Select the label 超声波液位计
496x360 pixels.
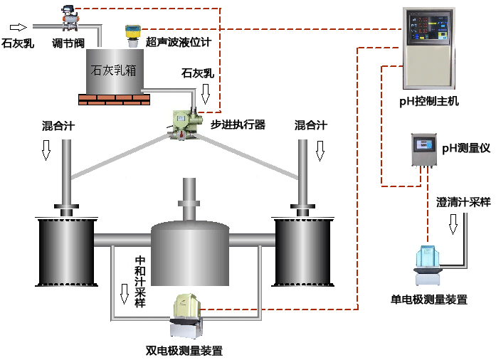(179, 42)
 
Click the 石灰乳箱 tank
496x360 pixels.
(113, 71)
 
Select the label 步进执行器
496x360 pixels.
(238, 125)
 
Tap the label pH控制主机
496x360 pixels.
(428, 102)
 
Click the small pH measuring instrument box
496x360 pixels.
(424, 150)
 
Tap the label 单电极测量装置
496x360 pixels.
(430, 300)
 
